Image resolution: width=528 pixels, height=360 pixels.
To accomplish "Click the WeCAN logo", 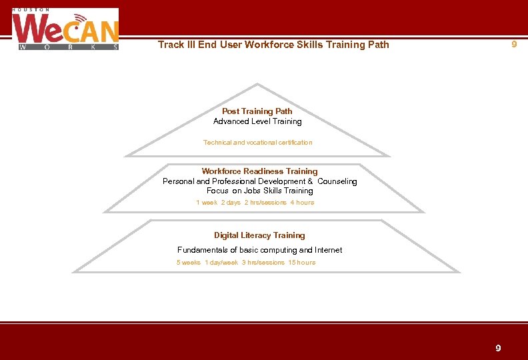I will (x=65, y=30).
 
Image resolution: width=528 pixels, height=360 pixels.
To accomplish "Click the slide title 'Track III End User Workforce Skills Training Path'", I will (x=273, y=45).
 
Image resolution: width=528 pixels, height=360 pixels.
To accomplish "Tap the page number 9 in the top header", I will (x=513, y=44).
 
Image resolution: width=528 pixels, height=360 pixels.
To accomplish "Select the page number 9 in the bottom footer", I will (x=498, y=348).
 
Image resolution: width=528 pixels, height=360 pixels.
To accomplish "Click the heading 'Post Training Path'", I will (x=257, y=111).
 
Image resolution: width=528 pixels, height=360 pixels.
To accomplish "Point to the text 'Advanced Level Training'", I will (x=257, y=121).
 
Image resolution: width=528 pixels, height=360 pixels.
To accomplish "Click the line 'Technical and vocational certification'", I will (x=257, y=142).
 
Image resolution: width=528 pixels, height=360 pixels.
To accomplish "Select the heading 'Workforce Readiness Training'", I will (x=259, y=171).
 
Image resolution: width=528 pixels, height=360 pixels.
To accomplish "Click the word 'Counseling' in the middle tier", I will (x=337, y=181).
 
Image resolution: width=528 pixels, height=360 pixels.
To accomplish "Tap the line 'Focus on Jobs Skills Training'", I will (x=259, y=191).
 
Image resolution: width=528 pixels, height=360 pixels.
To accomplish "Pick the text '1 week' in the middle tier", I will (x=207, y=202).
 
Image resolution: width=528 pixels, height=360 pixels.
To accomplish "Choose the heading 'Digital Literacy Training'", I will (x=259, y=235).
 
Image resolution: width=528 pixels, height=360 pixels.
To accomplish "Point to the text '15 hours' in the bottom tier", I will (x=302, y=262).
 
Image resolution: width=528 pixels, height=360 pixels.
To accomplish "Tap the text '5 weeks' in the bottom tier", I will (x=189, y=262).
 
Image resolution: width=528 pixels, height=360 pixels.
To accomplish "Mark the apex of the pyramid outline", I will (x=258, y=85).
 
